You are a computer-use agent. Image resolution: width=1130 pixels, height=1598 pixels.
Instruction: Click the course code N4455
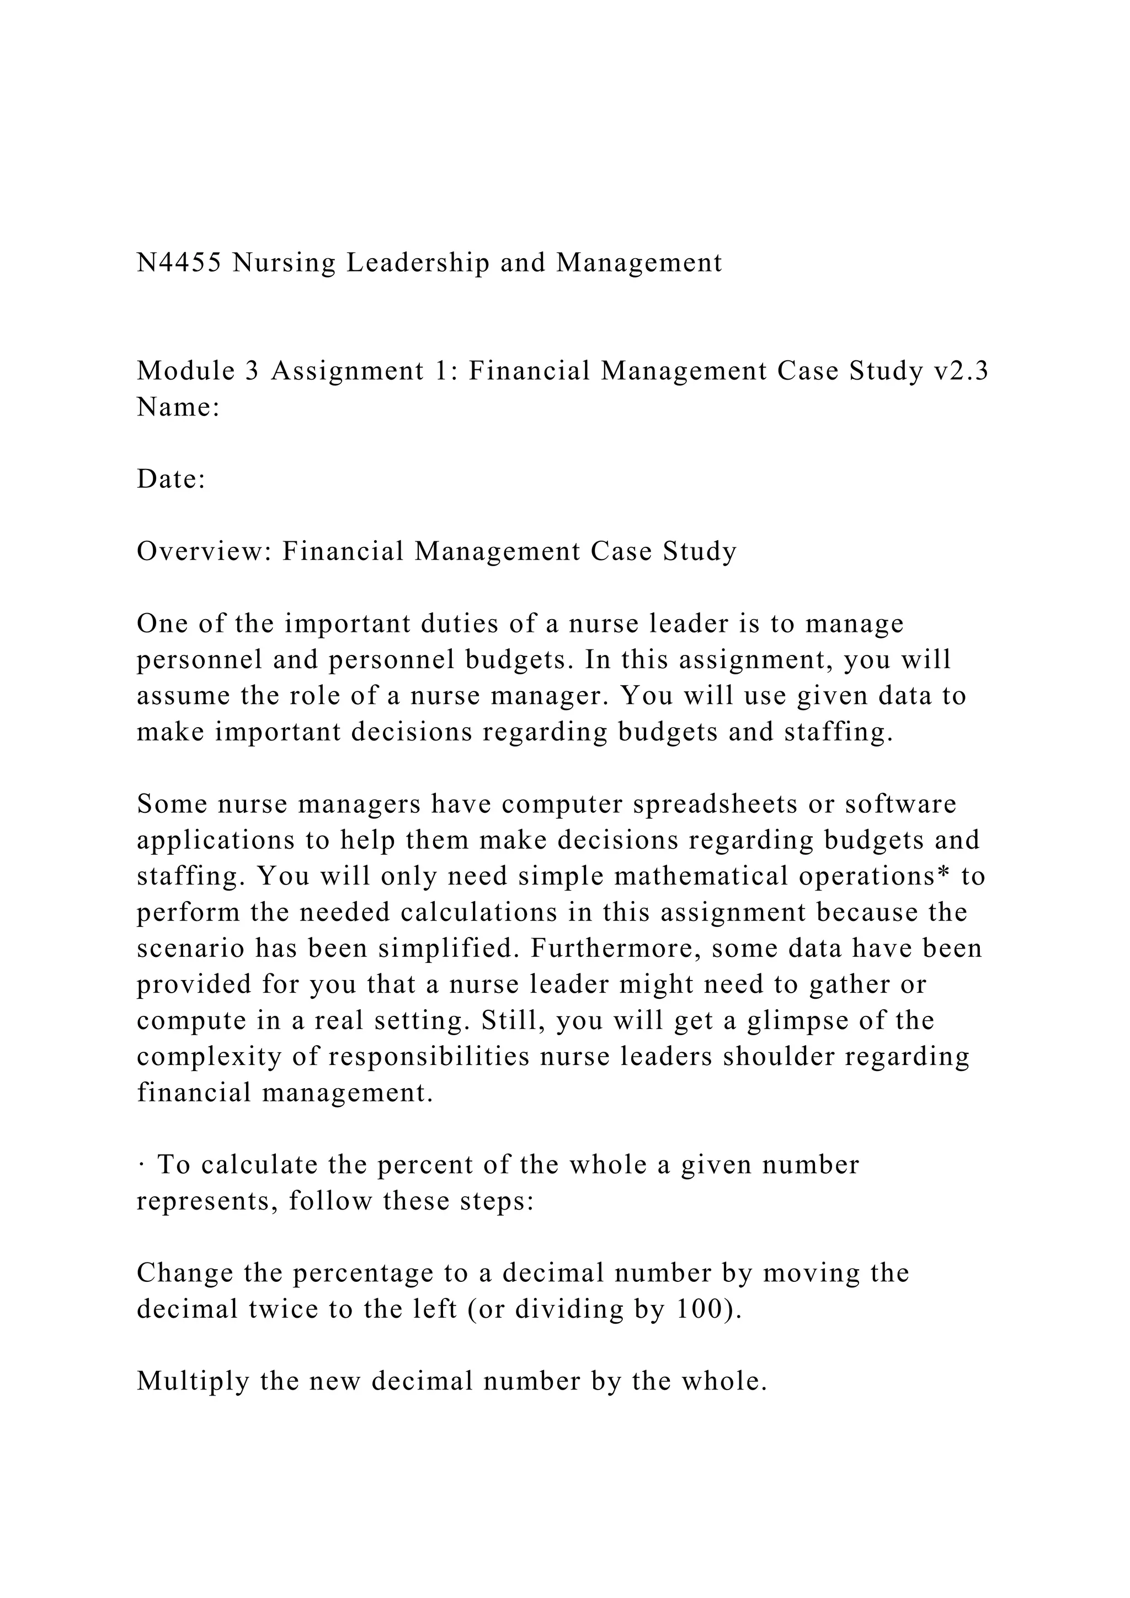coord(179,263)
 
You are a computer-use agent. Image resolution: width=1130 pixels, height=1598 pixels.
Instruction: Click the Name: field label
coord(178,407)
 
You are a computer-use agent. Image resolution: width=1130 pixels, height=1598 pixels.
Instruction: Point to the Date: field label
coord(171,480)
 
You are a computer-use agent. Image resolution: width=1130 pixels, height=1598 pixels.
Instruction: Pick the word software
coord(900,805)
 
